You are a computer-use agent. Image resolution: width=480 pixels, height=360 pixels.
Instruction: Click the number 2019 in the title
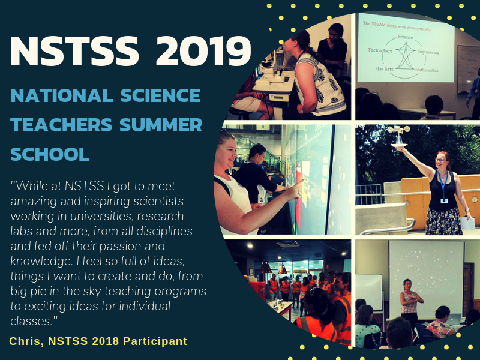tap(203, 51)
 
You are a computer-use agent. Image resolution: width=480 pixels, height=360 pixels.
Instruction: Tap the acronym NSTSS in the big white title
tap(74, 51)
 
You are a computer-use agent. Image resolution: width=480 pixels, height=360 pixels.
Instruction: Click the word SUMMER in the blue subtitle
tap(161, 125)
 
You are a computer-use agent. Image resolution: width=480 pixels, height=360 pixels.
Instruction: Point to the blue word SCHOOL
tap(50, 154)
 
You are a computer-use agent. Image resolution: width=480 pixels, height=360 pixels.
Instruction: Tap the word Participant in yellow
tap(155, 341)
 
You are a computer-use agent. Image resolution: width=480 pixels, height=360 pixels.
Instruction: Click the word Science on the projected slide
tap(406, 37)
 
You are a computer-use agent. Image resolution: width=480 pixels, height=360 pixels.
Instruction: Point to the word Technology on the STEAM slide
tap(380, 50)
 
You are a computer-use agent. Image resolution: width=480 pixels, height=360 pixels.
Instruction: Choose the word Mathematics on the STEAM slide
tap(427, 70)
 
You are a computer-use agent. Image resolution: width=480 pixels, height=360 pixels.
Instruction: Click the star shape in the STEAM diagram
tap(406, 55)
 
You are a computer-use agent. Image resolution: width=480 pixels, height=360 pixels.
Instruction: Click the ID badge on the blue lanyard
tap(444, 200)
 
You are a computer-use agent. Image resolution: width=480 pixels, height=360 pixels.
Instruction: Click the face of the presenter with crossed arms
tap(407, 285)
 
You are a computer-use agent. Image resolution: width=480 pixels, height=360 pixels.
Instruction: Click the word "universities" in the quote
tap(101, 216)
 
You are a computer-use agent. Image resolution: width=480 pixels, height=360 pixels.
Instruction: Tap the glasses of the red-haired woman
tap(440, 160)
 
